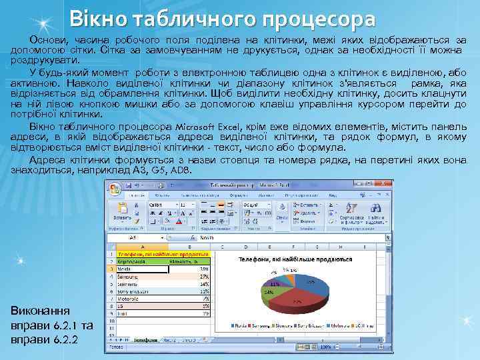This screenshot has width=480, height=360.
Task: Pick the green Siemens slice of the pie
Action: [x=267, y=291]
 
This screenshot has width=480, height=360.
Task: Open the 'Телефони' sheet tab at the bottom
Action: [x=146, y=339]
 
